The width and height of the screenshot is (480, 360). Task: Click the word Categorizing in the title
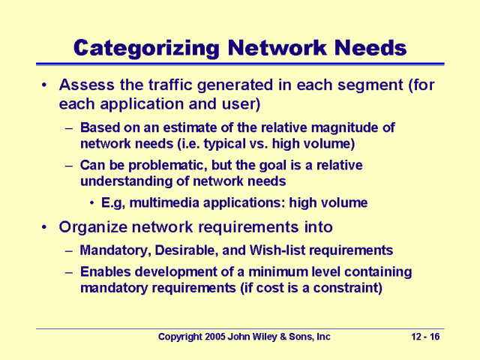click(146, 48)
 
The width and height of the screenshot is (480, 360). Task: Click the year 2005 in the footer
click(215, 337)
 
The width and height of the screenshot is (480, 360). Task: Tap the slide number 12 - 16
click(425, 337)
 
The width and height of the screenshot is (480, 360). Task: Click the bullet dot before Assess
click(44, 85)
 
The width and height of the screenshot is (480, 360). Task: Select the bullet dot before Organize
click(44, 227)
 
